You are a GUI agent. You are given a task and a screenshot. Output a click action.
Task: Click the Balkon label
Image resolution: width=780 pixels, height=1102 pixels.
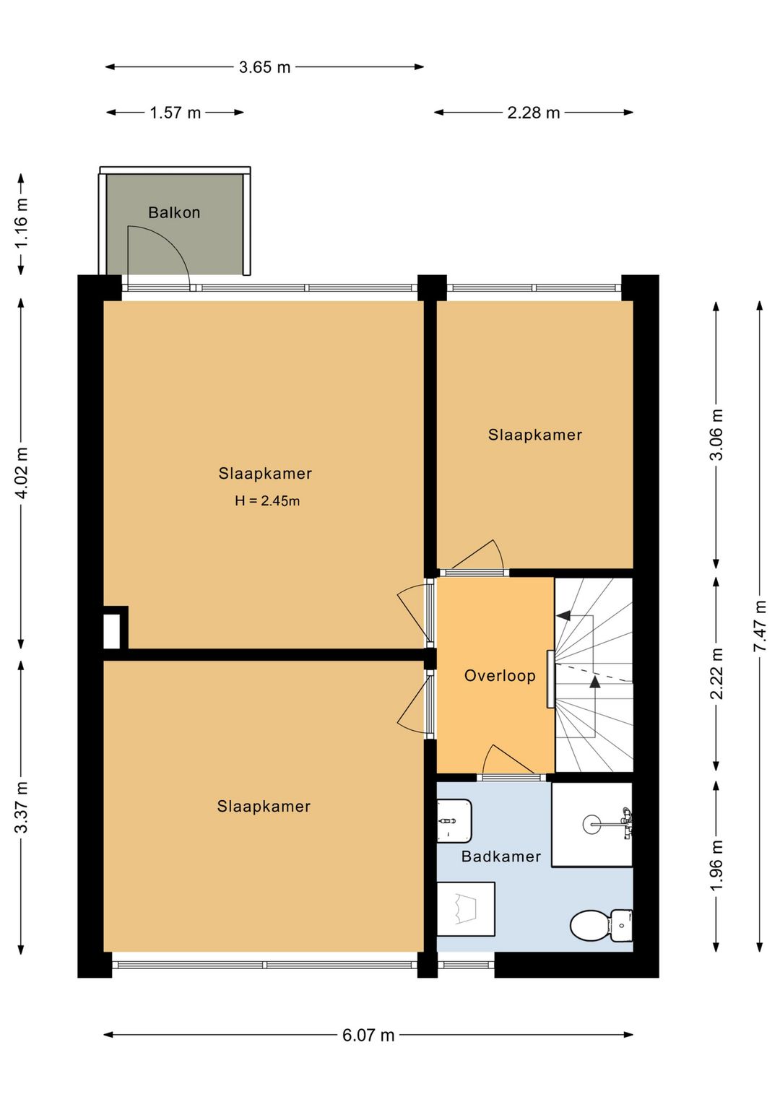tap(174, 212)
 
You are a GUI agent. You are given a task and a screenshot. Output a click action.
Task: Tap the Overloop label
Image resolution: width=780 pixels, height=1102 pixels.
tap(500, 675)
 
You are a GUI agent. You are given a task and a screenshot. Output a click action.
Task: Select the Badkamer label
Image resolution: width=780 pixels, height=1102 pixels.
tap(501, 856)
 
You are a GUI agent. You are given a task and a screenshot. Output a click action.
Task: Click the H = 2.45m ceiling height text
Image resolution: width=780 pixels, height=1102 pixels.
tap(267, 501)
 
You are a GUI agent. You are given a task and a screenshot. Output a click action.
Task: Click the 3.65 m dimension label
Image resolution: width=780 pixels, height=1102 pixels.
tap(265, 67)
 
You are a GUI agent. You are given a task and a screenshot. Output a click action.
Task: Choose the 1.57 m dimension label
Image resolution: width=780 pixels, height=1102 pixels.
tap(175, 113)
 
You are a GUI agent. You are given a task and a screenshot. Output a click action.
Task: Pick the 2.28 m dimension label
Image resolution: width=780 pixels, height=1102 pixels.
tap(534, 113)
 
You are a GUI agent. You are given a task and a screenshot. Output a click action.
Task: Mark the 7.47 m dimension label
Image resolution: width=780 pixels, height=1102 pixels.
tap(760, 626)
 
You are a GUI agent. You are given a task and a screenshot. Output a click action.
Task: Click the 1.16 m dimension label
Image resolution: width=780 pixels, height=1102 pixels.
tap(22, 225)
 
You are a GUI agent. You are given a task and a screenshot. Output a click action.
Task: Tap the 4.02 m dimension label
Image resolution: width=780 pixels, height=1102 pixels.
tap(22, 474)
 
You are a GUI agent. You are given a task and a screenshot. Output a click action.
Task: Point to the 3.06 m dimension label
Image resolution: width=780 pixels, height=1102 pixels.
tap(716, 435)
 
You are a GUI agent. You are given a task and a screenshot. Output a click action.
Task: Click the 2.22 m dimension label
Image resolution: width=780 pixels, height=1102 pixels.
tap(716, 674)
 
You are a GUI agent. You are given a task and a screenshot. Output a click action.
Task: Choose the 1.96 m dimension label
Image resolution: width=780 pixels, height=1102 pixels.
tap(716, 864)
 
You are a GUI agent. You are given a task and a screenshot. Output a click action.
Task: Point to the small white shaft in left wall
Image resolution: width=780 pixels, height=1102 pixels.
tap(111, 631)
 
